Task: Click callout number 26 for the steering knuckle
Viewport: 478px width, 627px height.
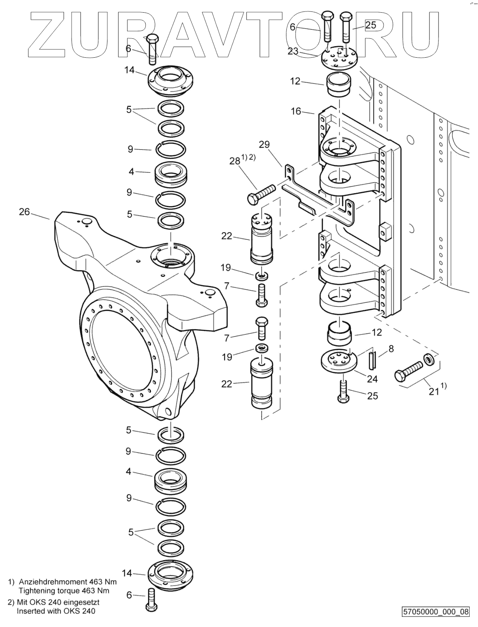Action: [x=24, y=212]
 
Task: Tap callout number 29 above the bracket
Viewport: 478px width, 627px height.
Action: [x=264, y=144]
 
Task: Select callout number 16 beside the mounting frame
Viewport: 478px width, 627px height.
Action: [x=296, y=111]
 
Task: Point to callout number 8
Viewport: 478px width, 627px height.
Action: [x=391, y=348]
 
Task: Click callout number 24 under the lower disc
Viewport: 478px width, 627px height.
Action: [x=373, y=379]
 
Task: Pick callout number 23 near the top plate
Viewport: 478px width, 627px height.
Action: [x=293, y=51]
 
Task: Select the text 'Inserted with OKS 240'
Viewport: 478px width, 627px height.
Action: [x=56, y=611]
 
